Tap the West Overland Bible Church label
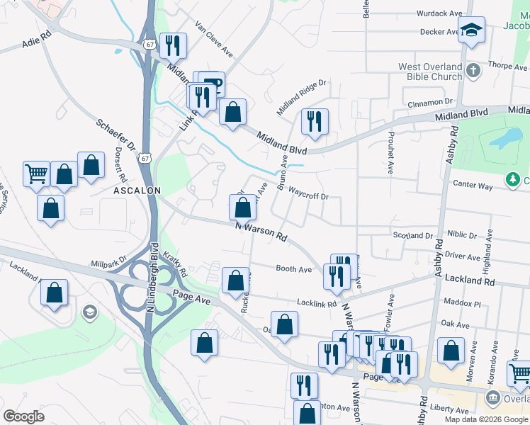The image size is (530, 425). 431,72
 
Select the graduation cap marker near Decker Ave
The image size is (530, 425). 470,30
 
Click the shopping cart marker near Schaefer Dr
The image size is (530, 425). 36,173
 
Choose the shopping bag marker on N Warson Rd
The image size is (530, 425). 242,208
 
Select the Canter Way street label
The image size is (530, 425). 472,186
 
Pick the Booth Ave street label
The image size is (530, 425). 293,269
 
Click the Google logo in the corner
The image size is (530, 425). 23,416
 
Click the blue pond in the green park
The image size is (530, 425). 505,139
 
